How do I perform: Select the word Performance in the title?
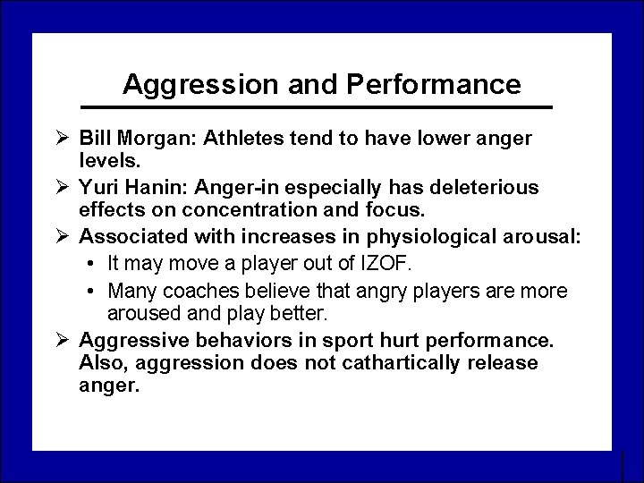(433, 84)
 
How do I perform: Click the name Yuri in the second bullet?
(97, 186)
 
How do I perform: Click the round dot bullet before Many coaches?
(94, 292)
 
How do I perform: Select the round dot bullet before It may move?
(94, 264)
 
